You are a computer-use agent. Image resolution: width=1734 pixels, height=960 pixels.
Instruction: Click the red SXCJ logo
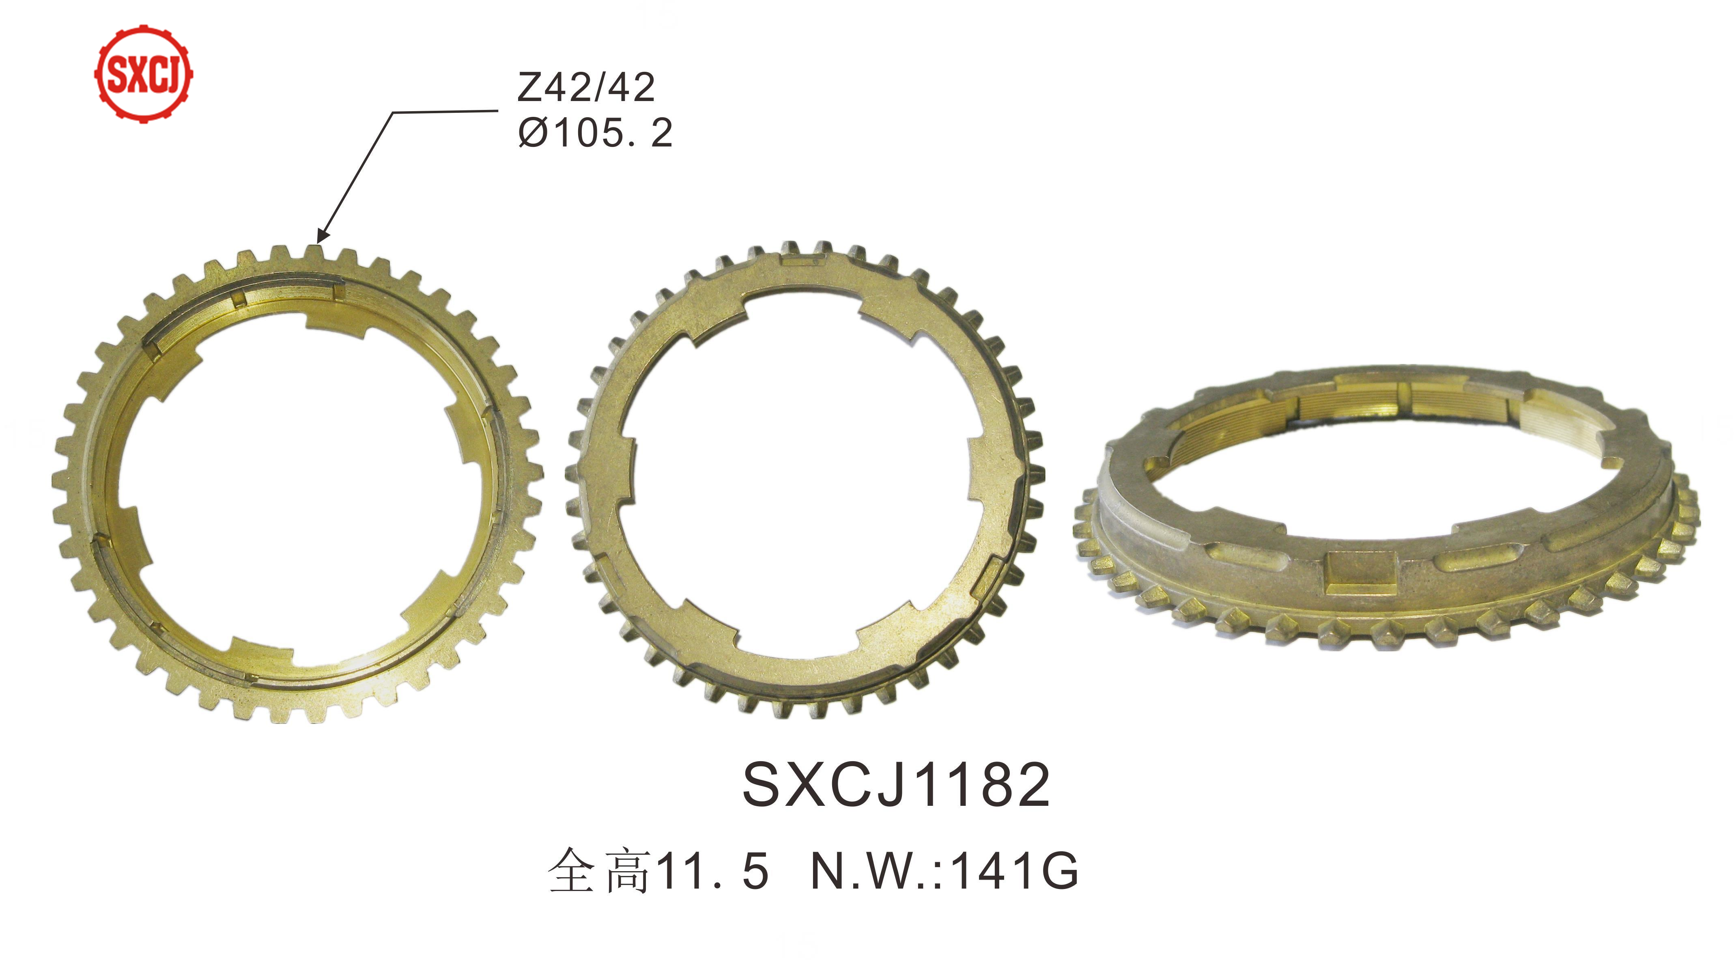(x=143, y=73)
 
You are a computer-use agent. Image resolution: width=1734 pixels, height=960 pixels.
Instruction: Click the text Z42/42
(x=585, y=88)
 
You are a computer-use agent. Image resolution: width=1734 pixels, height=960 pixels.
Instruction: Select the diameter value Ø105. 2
(x=595, y=133)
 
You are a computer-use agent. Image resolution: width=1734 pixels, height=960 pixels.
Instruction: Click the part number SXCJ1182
(x=896, y=785)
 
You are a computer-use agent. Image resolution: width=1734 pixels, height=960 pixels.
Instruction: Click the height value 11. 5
(x=712, y=872)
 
